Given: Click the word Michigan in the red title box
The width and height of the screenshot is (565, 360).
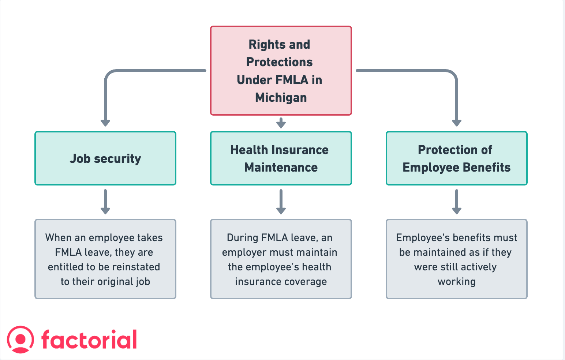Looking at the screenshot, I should tap(281, 98).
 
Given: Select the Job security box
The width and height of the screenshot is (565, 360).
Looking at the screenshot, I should tap(105, 158).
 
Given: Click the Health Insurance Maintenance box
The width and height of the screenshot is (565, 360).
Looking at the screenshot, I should tap(281, 158).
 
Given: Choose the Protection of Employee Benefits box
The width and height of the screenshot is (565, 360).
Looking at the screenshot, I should tap(456, 158).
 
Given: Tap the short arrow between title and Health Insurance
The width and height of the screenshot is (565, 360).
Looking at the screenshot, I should tap(281, 123).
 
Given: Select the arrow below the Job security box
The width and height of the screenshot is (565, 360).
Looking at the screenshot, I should tap(105, 202).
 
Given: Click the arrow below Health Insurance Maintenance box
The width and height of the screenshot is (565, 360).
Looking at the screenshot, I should tap(281, 202).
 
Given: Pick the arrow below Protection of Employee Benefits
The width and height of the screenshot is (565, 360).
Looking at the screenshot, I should tap(456, 202).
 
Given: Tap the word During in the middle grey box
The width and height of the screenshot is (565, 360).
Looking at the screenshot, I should tap(243, 238).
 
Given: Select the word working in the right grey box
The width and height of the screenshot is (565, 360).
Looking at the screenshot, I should tap(456, 282).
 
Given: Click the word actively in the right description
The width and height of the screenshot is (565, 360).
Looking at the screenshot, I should tap(479, 267).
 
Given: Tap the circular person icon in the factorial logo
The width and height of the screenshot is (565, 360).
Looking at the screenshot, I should tap(20, 340).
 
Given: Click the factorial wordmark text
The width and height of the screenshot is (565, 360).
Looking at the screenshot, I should tap(89, 340).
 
